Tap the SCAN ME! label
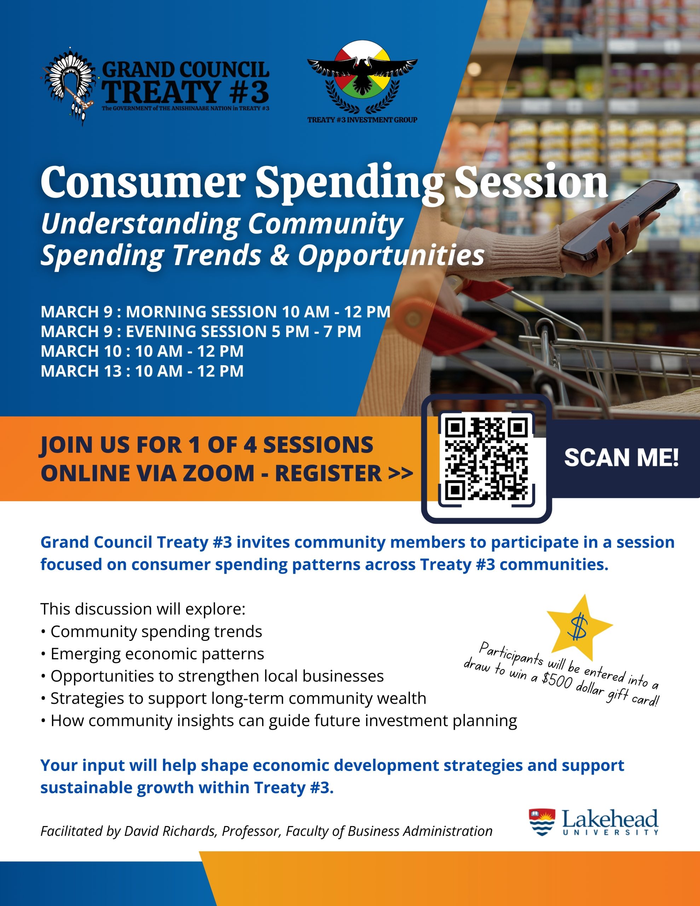click(621, 458)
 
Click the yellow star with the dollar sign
click(579, 626)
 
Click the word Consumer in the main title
click(143, 183)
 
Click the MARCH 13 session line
click(142, 371)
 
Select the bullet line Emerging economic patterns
click(157, 654)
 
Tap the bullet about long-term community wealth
click(238, 699)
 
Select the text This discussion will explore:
click(143, 609)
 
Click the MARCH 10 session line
click(142, 351)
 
